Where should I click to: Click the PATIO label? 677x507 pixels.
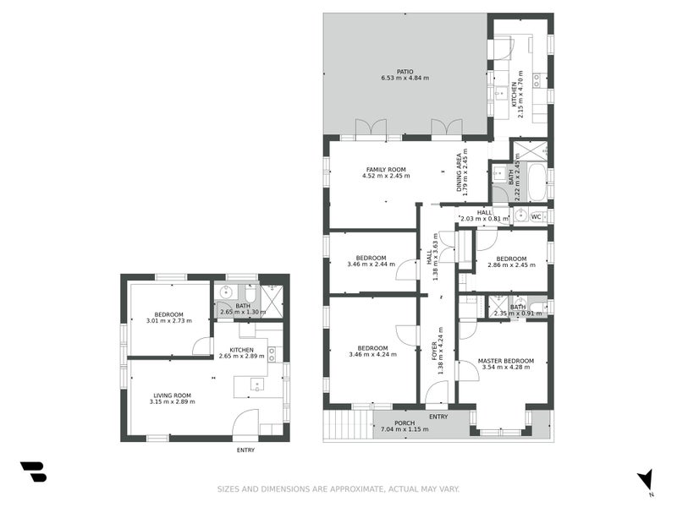(405, 72)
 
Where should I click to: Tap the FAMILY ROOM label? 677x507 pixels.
(386, 169)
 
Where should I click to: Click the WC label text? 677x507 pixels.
(536, 217)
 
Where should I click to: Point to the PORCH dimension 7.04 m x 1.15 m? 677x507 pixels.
(400, 429)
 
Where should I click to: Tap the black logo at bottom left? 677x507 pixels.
(33, 472)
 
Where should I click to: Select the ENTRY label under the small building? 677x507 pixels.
(245, 450)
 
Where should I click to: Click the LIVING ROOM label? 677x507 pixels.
(172, 395)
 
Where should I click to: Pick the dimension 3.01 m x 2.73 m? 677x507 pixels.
(168, 321)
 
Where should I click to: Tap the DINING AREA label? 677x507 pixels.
(460, 172)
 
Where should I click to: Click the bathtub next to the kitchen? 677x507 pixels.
(535, 177)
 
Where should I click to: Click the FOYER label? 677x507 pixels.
(435, 350)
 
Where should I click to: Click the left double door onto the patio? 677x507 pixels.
(371, 128)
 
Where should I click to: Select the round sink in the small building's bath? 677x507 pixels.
(225, 293)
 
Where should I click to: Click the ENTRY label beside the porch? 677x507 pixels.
(438, 417)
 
